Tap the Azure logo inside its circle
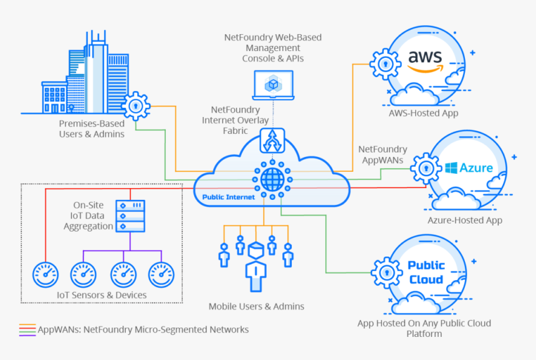click(469, 168)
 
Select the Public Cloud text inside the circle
click(426, 272)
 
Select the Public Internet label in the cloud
click(228, 197)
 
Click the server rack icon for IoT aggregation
click(131, 215)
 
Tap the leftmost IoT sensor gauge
click(45, 273)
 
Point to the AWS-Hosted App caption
click(423, 113)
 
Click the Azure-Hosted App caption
click(464, 220)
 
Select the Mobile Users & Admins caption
click(256, 306)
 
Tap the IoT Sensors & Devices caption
click(102, 295)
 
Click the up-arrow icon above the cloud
click(272, 141)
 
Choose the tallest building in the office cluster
click(97, 69)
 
